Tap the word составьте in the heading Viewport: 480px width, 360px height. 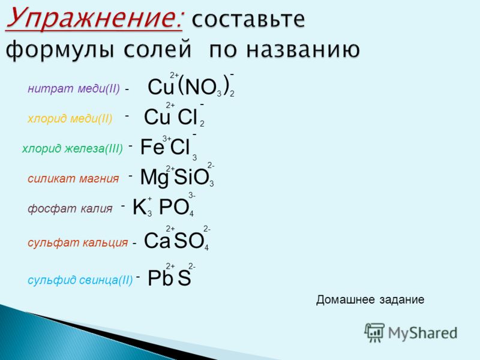(248, 19)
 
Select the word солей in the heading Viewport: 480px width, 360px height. (158, 49)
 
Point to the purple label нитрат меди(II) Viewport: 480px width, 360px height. (73, 89)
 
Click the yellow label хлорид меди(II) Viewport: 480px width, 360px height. (70, 118)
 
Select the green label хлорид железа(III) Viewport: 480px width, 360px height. (72, 149)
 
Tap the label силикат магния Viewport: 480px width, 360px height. (73, 178)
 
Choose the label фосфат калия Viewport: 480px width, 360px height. (70, 209)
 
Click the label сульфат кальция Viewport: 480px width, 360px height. (78, 243)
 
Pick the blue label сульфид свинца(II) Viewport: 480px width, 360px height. (80, 280)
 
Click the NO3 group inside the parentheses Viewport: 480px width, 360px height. (203, 88)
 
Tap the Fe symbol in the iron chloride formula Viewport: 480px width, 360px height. (152, 146)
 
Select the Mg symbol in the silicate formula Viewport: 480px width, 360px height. (154, 177)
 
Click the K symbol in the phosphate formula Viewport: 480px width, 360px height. (139, 206)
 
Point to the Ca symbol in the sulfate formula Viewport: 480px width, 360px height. (157, 241)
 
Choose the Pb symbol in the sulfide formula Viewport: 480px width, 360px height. (160, 278)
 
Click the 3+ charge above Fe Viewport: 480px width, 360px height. (167, 139)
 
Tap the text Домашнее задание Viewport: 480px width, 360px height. (370, 299)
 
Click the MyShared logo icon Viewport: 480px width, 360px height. (374, 332)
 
